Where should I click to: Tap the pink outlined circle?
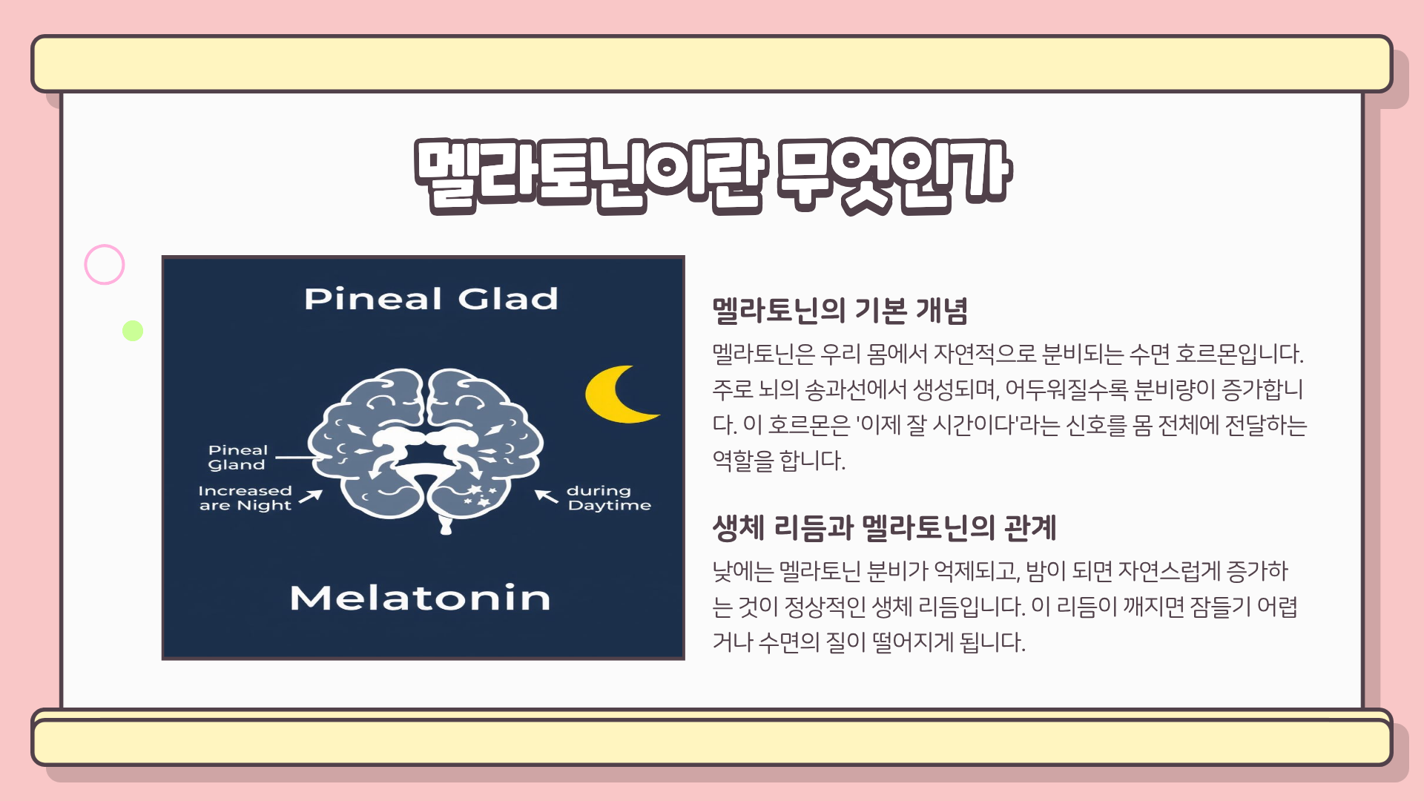pyautogui.click(x=105, y=265)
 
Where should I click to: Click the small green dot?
pyautogui.click(x=133, y=331)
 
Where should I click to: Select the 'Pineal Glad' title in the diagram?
pyautogui.click(x=431, y=299)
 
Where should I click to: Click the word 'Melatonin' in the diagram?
pyautogui.click(x=420, y=599)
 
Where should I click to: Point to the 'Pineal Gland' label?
pyautogui.click(x=237, y=458)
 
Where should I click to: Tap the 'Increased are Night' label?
pyautogui.click(x=245, y=498)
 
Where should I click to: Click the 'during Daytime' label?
pyautogui.click(x=608, y=498)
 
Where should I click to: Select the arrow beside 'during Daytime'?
pyautogui.click(x=547, y=496)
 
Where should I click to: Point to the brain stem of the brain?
pyautogui.click(x=446, y=524)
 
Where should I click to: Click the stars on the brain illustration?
pyautogui.click(x=481, y=496)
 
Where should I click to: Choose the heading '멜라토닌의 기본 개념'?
pyautogui.click(x=840, y=311)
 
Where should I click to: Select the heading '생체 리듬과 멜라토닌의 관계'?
pyautogui.click(x=884, y=528)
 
